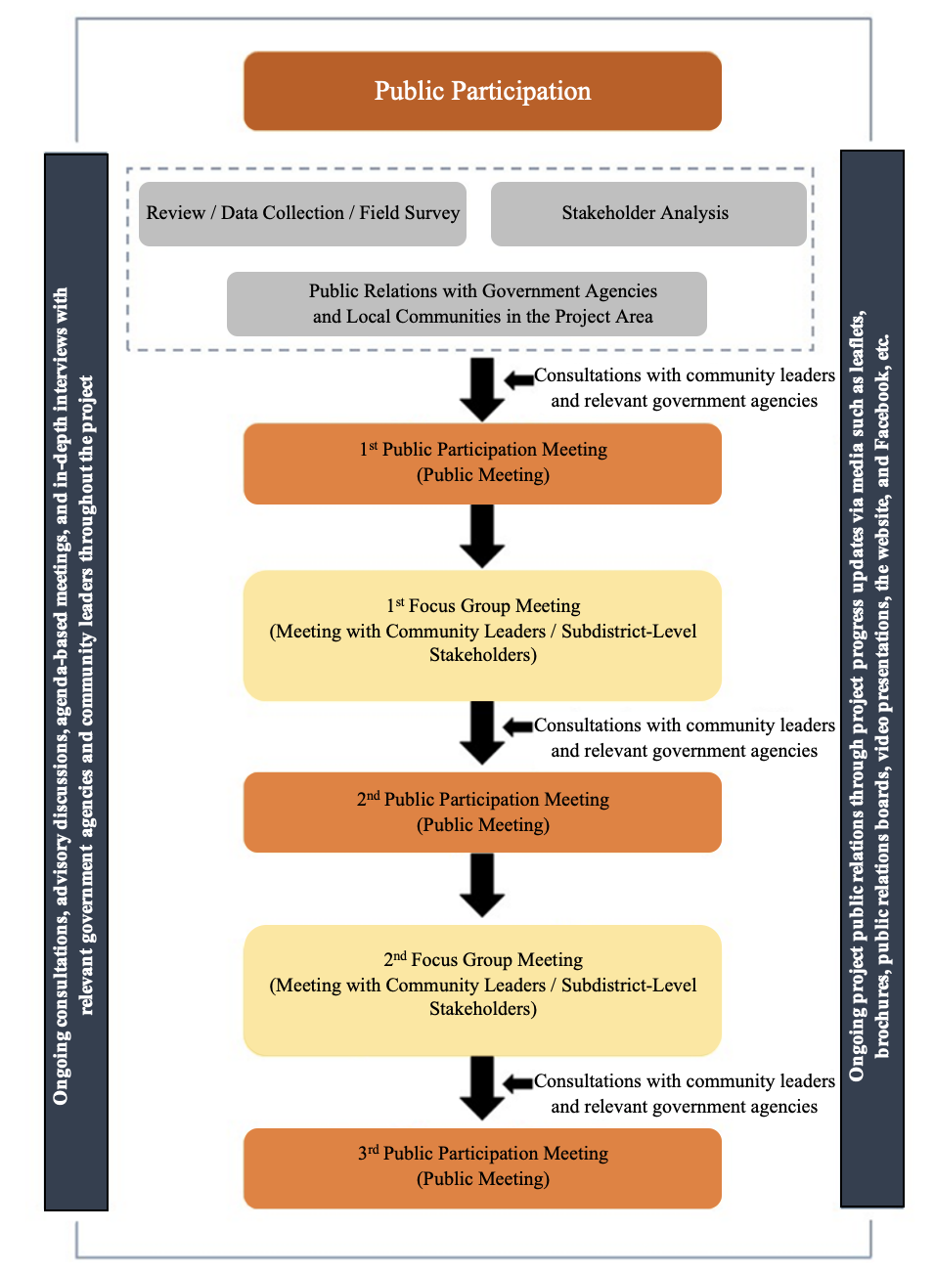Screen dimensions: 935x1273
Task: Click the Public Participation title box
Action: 482,91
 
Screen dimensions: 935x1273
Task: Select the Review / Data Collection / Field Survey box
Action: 302,214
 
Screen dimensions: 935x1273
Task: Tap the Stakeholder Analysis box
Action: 648,214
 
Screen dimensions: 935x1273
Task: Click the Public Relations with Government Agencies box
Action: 467,303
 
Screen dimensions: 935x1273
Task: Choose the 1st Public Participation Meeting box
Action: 482,463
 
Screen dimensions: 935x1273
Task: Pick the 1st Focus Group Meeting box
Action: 482,636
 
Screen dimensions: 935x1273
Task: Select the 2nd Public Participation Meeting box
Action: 482,812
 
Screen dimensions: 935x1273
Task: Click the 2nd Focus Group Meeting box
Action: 482,990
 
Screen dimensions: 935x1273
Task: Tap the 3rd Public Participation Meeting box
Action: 482,1168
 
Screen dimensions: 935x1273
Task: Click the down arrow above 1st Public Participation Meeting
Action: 482,390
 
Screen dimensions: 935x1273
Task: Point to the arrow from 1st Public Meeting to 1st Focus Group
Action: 482,537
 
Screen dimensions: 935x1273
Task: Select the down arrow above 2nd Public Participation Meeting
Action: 482,733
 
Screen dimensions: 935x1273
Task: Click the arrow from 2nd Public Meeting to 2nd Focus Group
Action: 482,886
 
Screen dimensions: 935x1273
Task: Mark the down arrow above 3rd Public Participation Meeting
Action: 482,1088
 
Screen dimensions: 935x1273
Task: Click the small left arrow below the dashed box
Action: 519,379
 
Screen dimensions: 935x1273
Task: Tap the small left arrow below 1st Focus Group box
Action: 518,726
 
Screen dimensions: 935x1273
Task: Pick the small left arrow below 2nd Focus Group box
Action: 518,1083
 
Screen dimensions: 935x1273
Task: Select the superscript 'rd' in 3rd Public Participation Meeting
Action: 373,1150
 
